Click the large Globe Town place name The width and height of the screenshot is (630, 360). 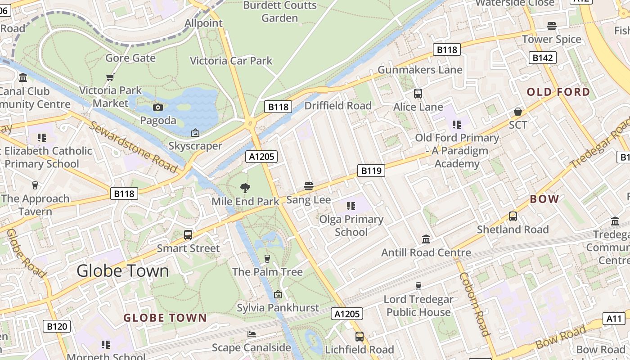(122, 270)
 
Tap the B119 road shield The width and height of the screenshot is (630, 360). (371, 171)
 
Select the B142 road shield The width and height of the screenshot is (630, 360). (542, 58)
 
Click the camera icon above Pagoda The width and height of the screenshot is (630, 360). (158, 107)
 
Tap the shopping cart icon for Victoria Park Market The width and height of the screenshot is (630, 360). (110, 77)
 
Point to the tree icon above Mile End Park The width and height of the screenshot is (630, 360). (245, 188)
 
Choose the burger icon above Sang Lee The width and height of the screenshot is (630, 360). (308, 186)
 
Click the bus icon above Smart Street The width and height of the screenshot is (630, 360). (188, 234)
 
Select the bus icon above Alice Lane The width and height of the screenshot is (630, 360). (418, 94)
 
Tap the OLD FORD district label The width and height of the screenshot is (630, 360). (558, 92)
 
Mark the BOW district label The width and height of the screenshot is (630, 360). (544, 199)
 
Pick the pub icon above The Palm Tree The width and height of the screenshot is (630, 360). (267, 258)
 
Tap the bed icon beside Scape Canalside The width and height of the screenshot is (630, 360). (252, 334)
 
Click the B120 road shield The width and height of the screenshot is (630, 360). (57, 326)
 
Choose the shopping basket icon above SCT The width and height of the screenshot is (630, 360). (518, 111)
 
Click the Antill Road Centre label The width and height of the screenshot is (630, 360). (426, 252)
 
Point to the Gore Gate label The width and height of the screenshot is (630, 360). (130, 58)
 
